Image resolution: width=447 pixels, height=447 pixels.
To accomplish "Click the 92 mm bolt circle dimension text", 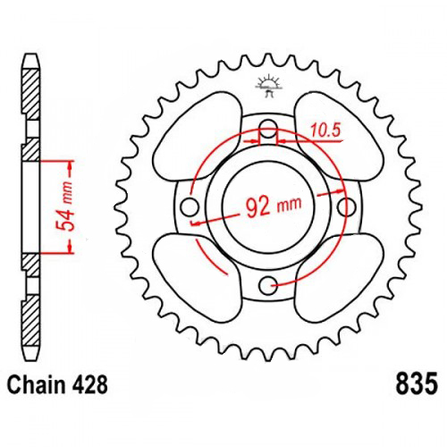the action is pos(274,207).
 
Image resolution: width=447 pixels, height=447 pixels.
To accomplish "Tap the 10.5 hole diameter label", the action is pos(325,131).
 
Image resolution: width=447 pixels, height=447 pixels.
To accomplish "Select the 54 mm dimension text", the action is pos(64,207).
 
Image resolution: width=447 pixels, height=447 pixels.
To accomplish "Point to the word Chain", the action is pos(36,384).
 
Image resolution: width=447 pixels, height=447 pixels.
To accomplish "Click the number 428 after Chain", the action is pos(89,384).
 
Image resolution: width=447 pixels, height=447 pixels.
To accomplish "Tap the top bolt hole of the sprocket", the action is pos(268,129).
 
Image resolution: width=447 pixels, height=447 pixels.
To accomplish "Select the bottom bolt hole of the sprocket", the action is pos(268,285).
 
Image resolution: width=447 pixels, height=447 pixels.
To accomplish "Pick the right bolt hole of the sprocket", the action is pos(346,207).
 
